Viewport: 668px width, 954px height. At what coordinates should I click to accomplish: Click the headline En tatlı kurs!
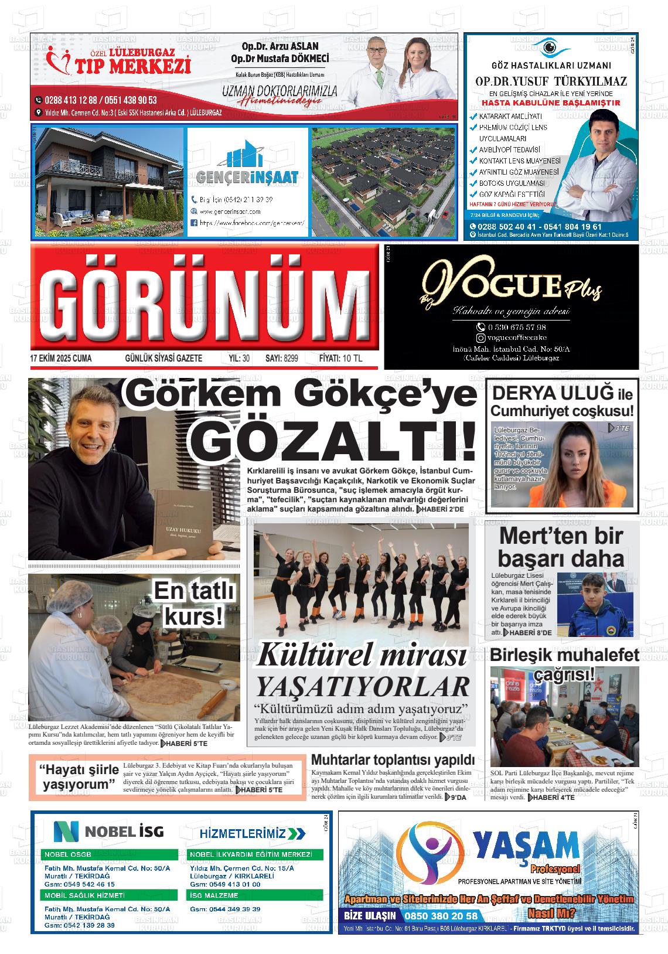coord(193,604)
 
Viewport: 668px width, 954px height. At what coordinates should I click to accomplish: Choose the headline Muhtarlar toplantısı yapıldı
coord(392,760)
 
